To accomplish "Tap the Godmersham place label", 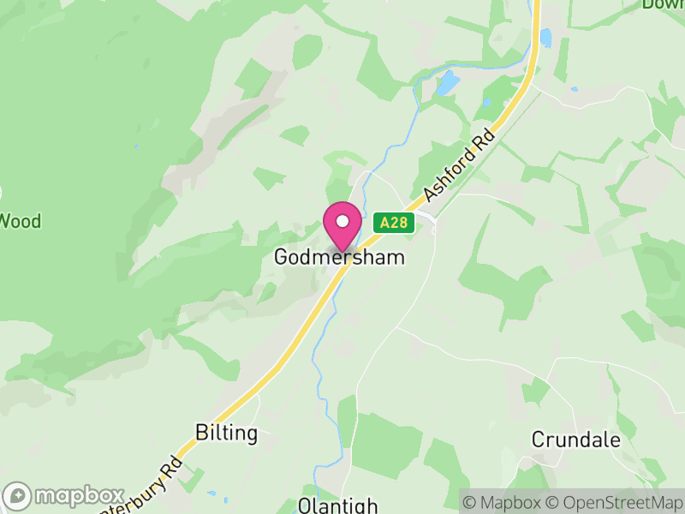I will click(x=340, y=257).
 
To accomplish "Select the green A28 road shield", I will click(x=394, y=223).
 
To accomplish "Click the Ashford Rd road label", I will click(x=461, y=166).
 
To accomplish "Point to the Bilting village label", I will click(x=226, y=433).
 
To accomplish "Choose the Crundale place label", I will click(x=575, y=439).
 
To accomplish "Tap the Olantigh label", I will click(x=337, y=505).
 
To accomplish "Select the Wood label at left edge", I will click(x=20, y=221).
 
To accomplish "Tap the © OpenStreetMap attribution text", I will click(x=616, y=502).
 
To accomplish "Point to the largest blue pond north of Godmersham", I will click(x=446, y=83).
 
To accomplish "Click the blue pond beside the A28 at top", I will click(x=545, y=38).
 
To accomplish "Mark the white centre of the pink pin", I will click(x=342, y=221).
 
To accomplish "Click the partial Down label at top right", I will click(x=664, y=4).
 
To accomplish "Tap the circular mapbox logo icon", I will click(x=17, y=496).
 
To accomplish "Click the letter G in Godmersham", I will click(x=282, y=257).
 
